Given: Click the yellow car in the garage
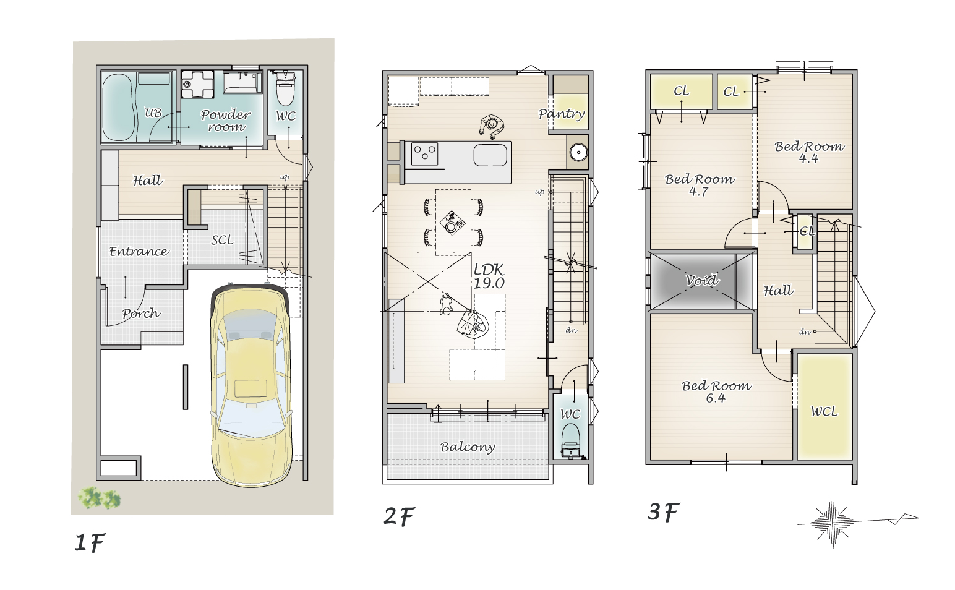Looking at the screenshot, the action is pos(252,386).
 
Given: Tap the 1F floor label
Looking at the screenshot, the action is pos(90,542).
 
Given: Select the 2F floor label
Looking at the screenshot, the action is pos(399,516).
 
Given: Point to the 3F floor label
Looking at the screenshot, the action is pos(664,511).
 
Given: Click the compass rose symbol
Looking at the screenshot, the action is pos(832,522).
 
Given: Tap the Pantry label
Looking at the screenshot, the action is pos(561,114).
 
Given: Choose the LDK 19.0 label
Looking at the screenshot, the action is pos(489,276).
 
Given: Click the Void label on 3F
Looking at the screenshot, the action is pos(702,280).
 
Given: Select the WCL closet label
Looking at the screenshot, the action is pos(824,411).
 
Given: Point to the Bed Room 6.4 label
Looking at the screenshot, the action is pos(716,391).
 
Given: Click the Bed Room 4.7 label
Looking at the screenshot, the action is pos(700,185).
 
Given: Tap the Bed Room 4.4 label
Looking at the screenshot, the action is pos(809,152).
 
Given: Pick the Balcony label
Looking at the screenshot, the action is pos(468,447).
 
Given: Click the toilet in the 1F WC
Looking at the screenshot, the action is pos(285,88).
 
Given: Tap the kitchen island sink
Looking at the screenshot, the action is pos(490,155).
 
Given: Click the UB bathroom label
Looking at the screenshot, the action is pos(153,113).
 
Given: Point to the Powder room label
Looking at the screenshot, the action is pos(226,121).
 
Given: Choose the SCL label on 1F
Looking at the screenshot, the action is pos(222,240).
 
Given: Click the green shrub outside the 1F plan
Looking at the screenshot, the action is pos(100,498).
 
